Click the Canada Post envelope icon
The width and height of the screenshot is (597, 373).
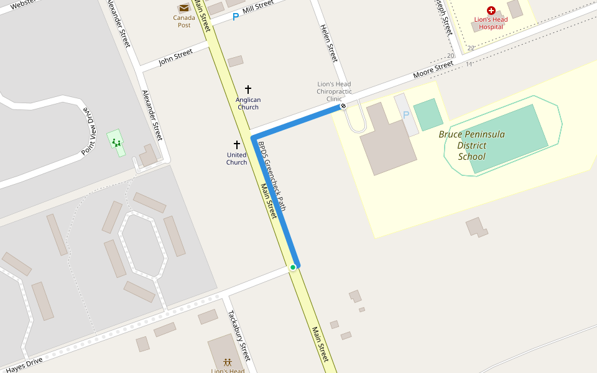pos(184,8)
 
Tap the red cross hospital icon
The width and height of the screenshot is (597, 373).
pos(491,11)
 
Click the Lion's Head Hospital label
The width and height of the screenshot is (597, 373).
pos(491,23)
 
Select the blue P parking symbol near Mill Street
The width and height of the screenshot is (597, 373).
pos(236,17)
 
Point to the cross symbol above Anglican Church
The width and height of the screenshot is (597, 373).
pos(248,90)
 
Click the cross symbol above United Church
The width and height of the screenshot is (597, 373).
pos(236,144)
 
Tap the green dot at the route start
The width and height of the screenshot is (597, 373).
pos(293,267)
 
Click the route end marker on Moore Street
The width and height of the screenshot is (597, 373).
pos(343,106)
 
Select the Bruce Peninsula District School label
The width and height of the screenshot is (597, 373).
pos(471,145)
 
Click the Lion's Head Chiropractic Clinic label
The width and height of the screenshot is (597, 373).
pos(334,91)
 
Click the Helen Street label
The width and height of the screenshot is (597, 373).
pos(328,43)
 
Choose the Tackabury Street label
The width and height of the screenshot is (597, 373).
pos(239,336)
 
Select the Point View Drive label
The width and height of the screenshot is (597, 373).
pos(90,131)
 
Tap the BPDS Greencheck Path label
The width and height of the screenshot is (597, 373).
pos(272,176)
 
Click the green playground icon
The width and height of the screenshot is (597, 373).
pos(116,142)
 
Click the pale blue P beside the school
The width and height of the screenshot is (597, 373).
pos(407,115)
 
